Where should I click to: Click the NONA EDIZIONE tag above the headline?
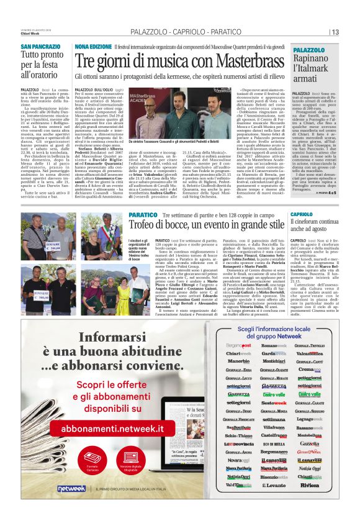coord(92,47)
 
